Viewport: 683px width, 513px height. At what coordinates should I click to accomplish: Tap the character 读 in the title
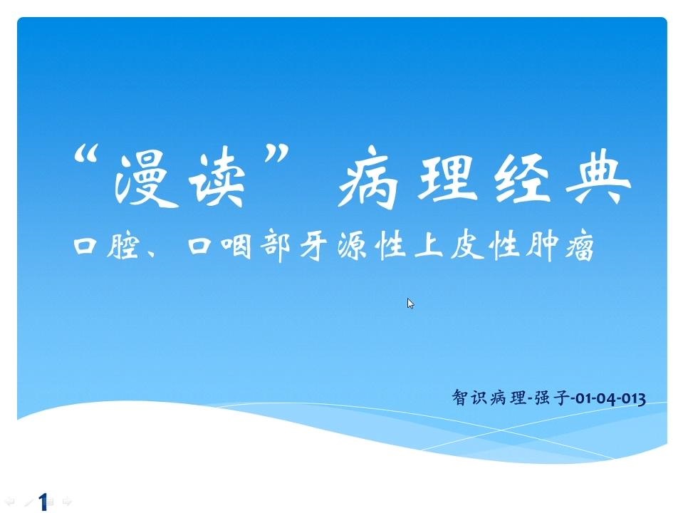pos(217,176)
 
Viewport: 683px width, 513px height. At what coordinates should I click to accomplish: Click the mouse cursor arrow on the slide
pos(410,304)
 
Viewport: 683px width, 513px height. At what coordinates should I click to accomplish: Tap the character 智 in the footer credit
pos(460,397)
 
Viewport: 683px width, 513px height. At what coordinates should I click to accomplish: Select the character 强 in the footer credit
pos(542,398)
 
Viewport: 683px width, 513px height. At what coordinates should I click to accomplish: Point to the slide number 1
pos(43,502)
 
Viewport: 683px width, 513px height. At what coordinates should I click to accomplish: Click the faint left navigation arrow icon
pos(9,502)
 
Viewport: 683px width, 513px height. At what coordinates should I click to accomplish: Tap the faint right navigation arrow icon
pos(67,502)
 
